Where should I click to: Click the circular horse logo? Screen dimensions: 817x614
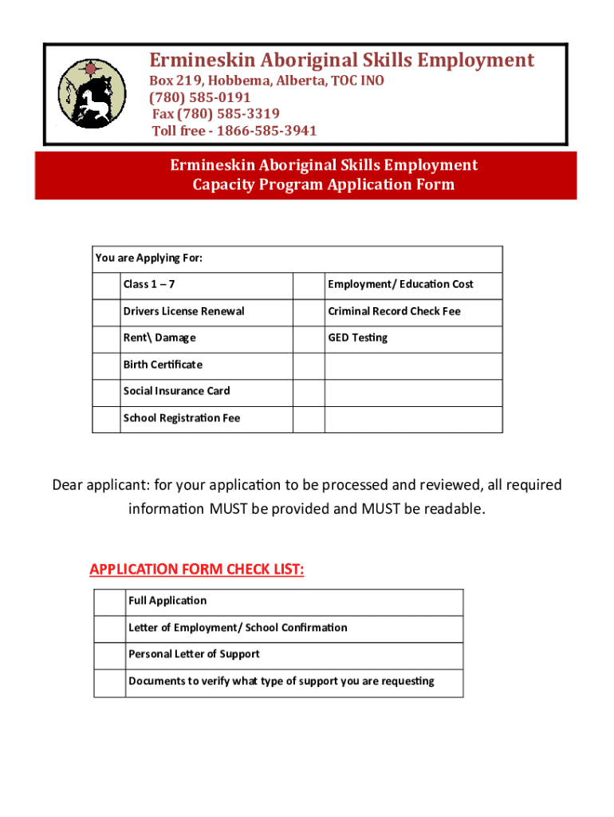tap(92, 94)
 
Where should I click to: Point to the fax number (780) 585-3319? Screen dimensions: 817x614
tap(215, 114)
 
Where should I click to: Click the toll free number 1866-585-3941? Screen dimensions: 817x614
tap(234, 131)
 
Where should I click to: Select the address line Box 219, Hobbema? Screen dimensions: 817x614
tap(267, 81)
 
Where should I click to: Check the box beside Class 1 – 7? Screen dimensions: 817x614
tap(106, 285)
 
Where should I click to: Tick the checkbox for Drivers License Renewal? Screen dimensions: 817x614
tap(106, 312)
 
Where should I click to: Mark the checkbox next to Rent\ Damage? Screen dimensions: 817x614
tap(106, 338)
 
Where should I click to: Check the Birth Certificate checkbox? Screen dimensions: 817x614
tap(106, 365)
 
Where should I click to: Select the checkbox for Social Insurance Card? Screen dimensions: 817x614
tap(106, 392)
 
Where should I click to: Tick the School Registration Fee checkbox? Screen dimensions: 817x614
tap(106, 419)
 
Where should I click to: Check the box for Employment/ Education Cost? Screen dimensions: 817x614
tap(309, 285)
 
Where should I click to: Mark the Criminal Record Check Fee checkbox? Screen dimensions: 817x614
tap(309, 312)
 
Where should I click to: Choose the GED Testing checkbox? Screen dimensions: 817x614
tap(309, 338)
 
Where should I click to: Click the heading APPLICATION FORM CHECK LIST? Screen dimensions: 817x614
tap(197, 569)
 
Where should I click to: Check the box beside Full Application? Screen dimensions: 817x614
tap(109, 602)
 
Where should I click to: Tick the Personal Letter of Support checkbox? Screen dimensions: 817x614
tap(109, 655)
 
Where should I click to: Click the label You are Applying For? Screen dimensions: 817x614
tap(149, 258)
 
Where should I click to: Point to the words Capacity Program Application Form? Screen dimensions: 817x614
tap(324, 185)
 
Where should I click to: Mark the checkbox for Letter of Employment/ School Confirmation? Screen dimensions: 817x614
tap(109, 629)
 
